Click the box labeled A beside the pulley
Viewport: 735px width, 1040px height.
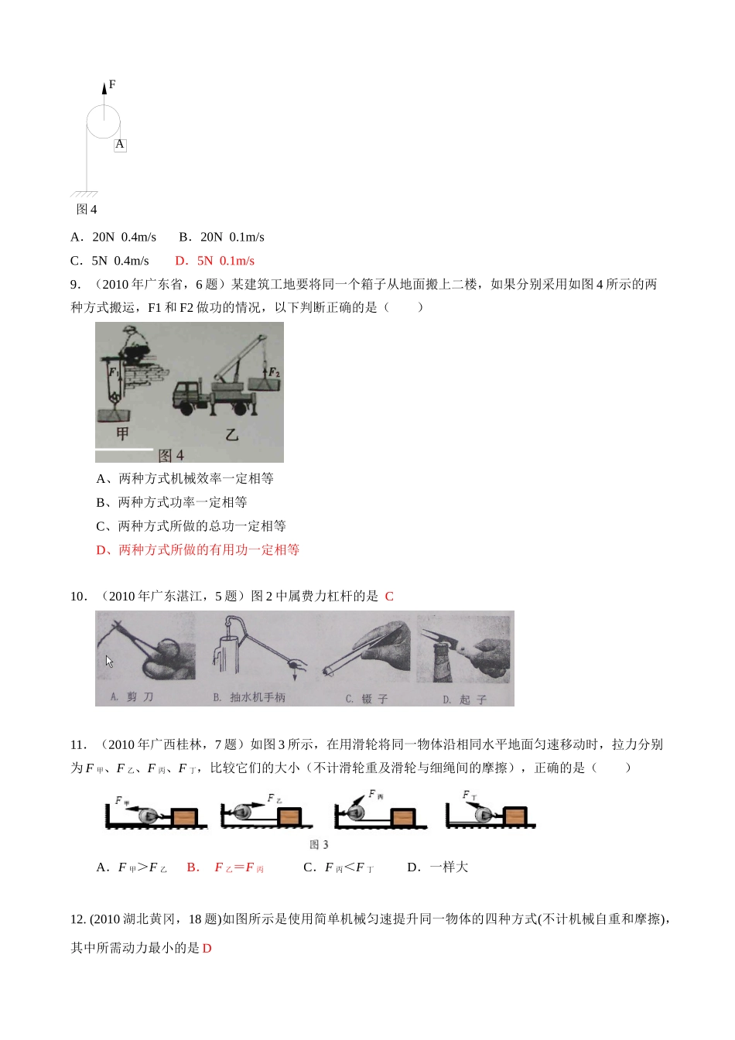point(120,145)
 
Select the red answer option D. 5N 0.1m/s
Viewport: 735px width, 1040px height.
point(214,261)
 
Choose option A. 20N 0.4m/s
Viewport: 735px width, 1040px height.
point(113,237)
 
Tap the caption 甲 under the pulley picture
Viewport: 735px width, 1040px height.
point(121,433)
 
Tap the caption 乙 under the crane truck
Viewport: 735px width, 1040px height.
point(231,435)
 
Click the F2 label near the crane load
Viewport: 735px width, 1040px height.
point(274,373)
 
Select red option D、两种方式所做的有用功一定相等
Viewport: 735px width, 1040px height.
point(197,549)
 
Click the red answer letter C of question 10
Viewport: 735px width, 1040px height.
point(389,596)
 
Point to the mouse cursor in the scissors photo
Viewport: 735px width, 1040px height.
point(109,662)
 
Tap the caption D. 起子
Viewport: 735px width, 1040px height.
point(464,700)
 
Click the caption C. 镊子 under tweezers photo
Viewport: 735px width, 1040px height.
point(367,699)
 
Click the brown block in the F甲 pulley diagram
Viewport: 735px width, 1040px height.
point(183,818)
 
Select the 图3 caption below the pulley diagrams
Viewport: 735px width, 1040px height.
point(319,844)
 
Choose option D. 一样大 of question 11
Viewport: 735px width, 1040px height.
point(437,867)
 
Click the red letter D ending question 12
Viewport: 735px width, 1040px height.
point(207,948)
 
